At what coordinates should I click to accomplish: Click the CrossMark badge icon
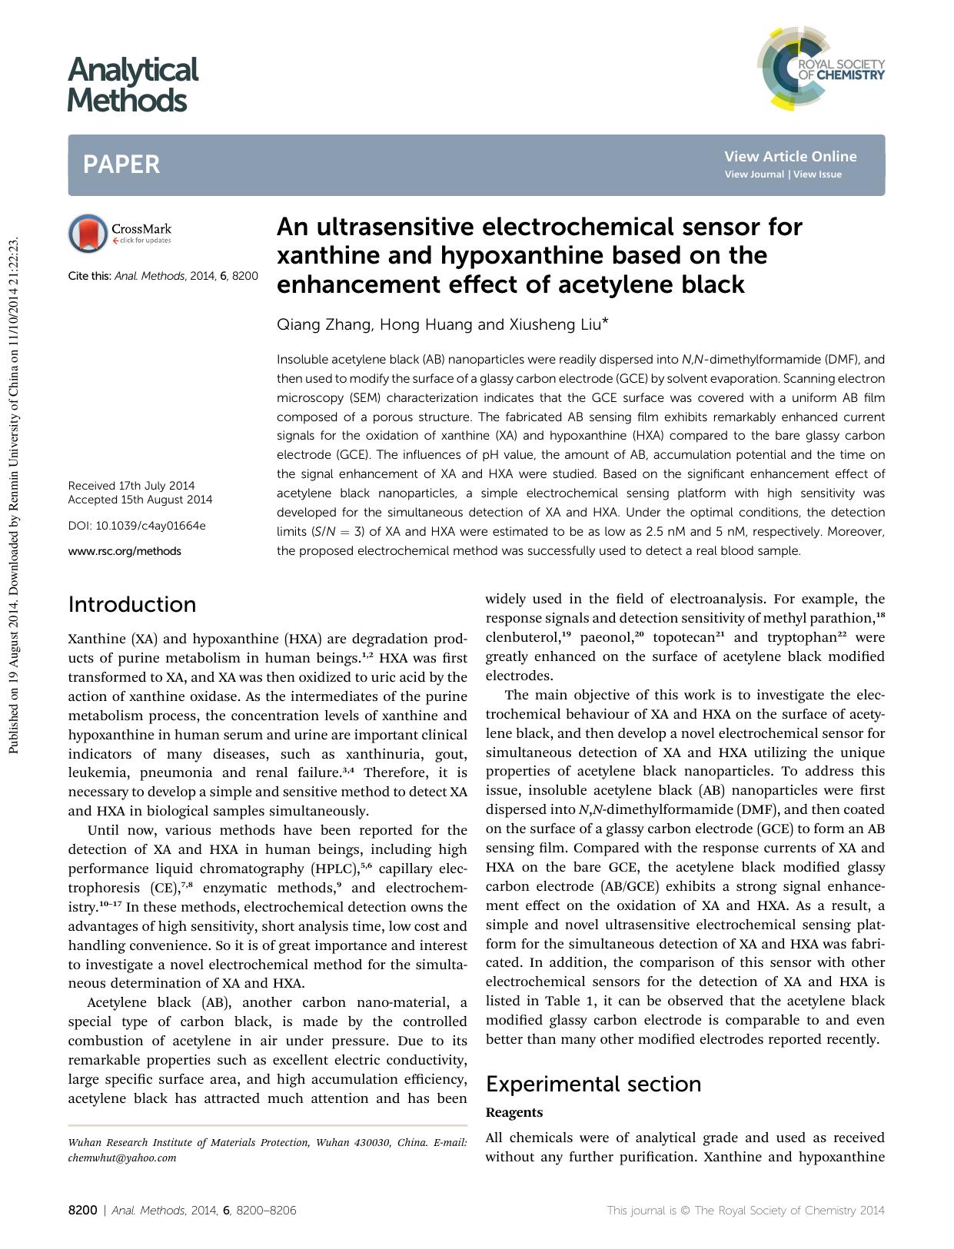point(88,233)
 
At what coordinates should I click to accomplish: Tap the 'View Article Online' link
point(789,157)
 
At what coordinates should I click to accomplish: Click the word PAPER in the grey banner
point(121,164)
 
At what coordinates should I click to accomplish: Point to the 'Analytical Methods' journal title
point(132,85)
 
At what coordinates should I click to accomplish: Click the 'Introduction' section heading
point(132,604)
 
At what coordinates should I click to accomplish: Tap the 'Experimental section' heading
point(593,1084)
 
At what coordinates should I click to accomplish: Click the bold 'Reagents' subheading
point(514,1112)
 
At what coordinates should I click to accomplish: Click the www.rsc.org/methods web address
point(125,550)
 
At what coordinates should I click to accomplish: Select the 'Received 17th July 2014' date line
point(131,486)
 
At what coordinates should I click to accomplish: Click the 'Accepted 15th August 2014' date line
point(140,500)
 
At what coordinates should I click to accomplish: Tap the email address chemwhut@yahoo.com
point(122,1158)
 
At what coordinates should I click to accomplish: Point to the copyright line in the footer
point(746,1210)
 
